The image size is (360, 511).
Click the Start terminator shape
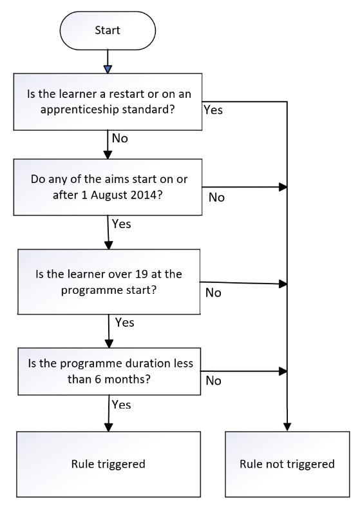pyautogui.click(x=108, y=31)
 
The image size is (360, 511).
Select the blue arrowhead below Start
pyautogui.click(x=108, y=69)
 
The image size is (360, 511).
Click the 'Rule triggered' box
pyautogui.click(x=108, y=464)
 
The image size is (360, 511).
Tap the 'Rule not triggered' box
pyautogui.click(x=287, y=464)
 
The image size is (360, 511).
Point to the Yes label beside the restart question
pyautogui.click(x=213, y=110)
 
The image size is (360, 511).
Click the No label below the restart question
pyautogui.click(x=120, y=138)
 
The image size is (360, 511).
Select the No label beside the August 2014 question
pyautogui.click(x=216, y=197)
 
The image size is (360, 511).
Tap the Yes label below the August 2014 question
pyautogui.click(x=122, y=224)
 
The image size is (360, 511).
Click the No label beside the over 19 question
pyautogui.click(x=213, y=293)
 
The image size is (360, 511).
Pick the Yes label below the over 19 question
pyautogui.click(x=125, y=322)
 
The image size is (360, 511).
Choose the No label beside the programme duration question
pyautogui.click(x=213, y=380)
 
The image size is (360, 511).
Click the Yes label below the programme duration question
pyautogui.click(x=122, y=405)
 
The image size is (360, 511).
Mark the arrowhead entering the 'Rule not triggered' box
pyautogui.click(x=287, y=427)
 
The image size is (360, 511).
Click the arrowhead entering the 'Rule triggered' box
pyautogui.click(x=108, y=427)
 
